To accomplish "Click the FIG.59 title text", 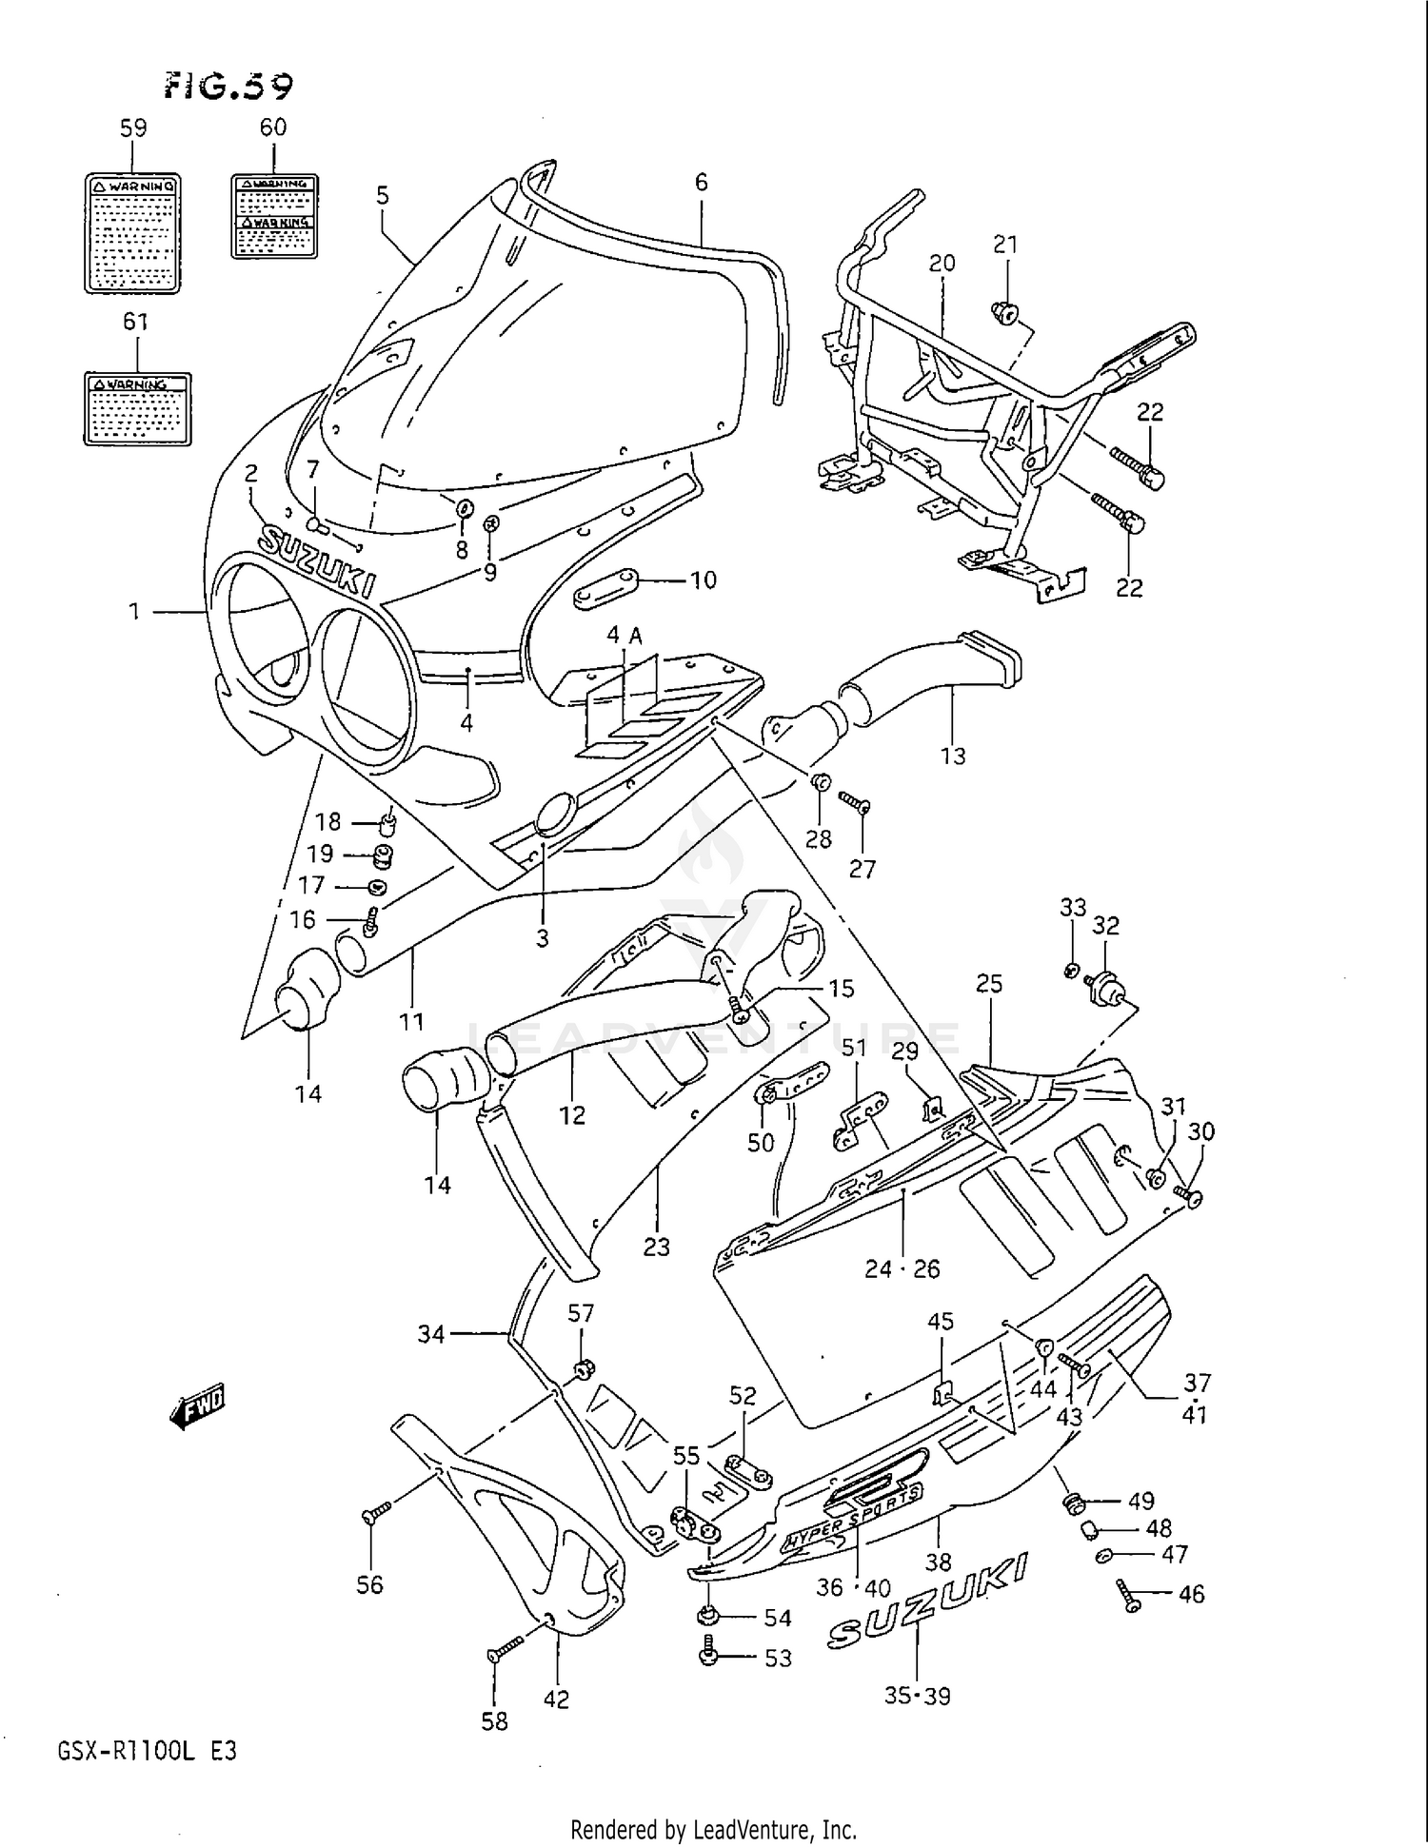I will [228, 87].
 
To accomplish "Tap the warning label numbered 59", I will [132, 232].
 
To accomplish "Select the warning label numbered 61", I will [137, 408].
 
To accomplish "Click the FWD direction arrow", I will [198, 1408].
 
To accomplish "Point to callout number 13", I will [952, 756].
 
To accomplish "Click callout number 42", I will [556, 1699].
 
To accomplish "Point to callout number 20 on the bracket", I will [942, 263].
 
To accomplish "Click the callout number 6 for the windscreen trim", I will [701, 182].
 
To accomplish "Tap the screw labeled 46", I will [1129, 1595].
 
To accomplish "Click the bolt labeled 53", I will [709, 1656].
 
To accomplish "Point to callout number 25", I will [989, 983].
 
